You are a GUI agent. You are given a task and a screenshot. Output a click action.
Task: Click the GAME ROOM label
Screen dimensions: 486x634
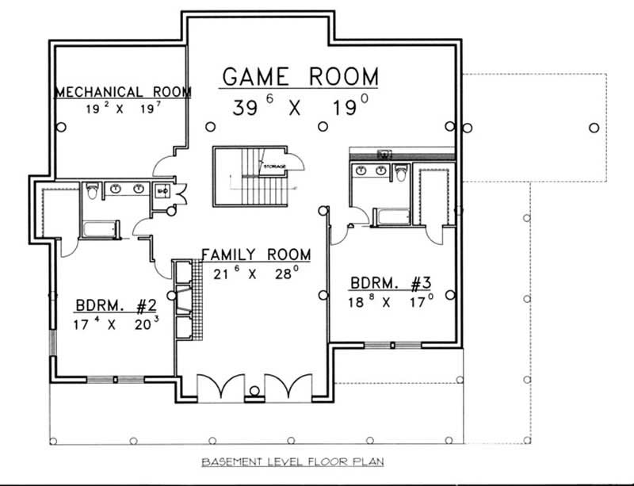[300, 77]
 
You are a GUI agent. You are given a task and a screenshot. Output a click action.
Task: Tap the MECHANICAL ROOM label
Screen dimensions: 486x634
[122, 93]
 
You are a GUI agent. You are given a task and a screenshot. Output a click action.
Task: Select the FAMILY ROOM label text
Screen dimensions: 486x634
[255, 254]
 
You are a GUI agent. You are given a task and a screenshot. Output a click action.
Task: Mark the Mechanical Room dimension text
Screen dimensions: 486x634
[124, 109]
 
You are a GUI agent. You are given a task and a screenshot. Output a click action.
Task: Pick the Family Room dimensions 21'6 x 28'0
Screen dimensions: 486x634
[255, 273]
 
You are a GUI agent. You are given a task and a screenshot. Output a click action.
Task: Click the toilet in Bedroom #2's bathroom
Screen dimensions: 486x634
[91, 191]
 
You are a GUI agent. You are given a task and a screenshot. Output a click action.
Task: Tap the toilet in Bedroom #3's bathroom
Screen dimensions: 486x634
[400, 171]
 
